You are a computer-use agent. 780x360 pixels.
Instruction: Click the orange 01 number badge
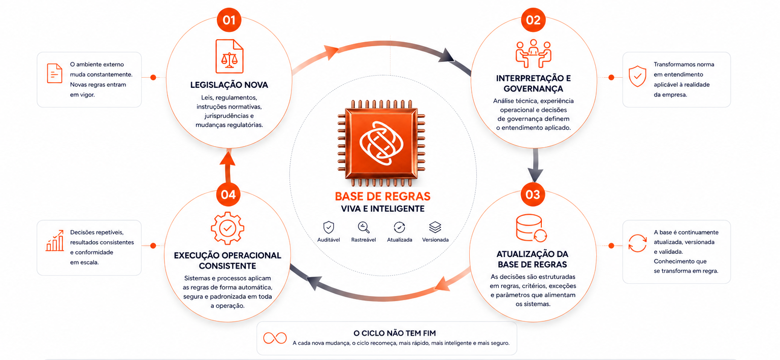[229, 20]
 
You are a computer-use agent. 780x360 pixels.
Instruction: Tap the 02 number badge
[533, 20]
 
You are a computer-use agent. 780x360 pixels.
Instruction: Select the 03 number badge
[533, 194]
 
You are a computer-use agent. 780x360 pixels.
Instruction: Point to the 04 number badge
[228, 194]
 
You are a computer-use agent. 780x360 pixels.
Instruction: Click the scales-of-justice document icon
[229, 56]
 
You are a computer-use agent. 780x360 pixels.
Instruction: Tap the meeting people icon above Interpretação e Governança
[533, 53]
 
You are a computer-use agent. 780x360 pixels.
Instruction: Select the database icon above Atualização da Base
[531, 228]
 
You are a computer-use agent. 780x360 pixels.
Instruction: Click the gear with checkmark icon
[227, 228]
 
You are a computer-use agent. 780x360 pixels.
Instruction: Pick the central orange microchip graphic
[382, 143]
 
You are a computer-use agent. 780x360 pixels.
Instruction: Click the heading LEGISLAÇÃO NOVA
[229, 85]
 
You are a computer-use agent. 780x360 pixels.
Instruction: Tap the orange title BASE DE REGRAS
[382, 197]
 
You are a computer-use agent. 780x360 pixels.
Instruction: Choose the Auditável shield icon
[329, 227]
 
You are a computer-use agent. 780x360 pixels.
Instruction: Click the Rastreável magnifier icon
[364, 227]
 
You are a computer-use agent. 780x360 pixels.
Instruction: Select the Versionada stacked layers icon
[435, 227]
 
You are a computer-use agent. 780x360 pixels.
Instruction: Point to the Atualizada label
[400, 240]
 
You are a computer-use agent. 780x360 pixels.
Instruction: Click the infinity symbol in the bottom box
[275, 338]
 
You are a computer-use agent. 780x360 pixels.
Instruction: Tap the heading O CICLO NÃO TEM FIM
[395, 333]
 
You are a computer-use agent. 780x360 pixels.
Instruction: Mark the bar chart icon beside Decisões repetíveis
[55, 241]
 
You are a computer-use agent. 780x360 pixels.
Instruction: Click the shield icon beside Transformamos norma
[637, 76]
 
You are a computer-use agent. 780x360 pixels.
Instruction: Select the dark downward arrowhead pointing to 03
[535, 174]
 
